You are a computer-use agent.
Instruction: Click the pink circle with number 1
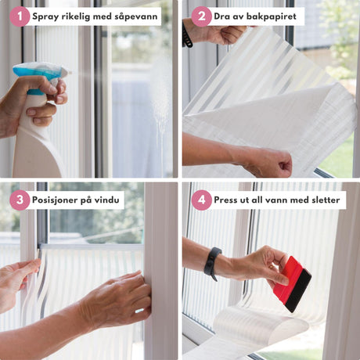[20, 16]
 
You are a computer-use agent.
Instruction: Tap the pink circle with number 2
[201, 16]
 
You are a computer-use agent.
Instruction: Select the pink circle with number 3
[20, 200]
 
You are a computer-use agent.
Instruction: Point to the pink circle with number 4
[201, 200]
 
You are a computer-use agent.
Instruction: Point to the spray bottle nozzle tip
[70, 72]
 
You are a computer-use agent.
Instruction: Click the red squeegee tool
[292, 284]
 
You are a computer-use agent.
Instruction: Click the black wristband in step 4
[213, 263]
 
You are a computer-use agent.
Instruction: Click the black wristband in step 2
[186, 35]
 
